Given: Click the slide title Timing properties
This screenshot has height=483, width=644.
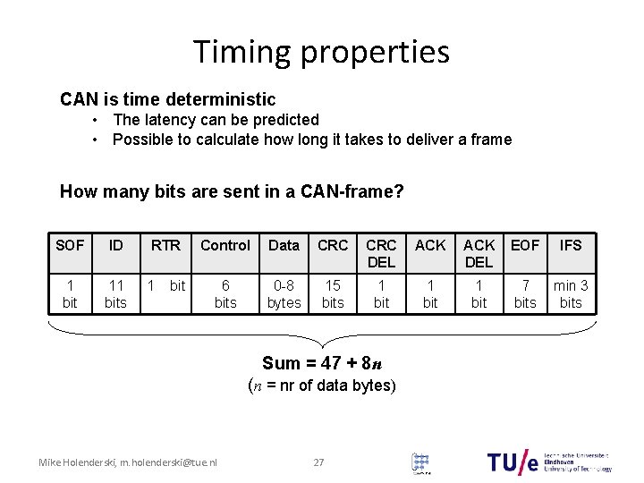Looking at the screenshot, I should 321,52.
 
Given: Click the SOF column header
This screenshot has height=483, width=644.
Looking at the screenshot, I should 70,245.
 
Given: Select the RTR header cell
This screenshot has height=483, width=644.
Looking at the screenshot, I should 165,245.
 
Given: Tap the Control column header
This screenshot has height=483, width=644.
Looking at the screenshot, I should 225,245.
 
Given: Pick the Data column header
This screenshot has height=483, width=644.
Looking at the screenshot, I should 284,245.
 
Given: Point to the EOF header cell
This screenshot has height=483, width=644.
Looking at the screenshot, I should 525,245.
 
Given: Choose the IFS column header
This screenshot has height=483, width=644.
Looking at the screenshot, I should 571,245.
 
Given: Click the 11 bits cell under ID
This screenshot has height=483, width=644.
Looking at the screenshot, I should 116,294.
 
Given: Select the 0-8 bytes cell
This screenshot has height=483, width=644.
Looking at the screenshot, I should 284,294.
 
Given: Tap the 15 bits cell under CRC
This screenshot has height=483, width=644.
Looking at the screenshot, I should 333,294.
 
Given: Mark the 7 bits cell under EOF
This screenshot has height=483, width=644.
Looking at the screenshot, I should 525,294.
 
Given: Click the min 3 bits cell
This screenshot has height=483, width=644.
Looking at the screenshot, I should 571,294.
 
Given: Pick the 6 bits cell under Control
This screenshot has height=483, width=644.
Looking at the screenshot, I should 225,294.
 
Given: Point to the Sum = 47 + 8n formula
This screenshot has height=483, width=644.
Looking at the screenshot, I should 321,363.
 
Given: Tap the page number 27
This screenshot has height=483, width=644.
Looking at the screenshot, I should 318,462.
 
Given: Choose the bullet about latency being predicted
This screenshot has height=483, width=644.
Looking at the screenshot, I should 216,120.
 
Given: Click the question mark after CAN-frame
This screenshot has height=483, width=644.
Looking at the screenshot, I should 399,191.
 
